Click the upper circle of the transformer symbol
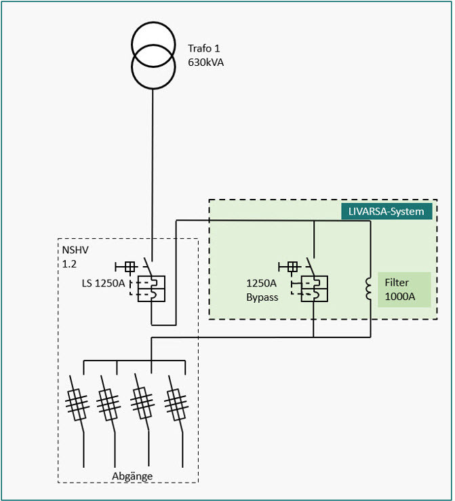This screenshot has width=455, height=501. click(153, 43)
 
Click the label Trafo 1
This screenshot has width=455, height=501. click(204, 49)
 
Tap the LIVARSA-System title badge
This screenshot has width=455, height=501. click(387, 211)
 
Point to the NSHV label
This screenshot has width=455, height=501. click(75, 248)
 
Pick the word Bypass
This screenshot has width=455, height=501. click(262, 297)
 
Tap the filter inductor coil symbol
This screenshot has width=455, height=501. click(370, 289)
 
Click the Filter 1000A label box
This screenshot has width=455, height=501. click(404, 289)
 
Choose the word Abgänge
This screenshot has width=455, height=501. click(132, 476)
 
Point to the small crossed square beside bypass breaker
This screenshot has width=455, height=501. click(293, 267)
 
